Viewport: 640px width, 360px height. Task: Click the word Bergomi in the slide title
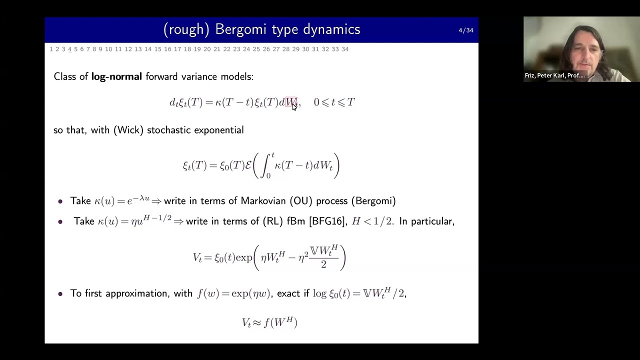coord(237,29)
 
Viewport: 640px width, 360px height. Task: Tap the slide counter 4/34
coord(465,30)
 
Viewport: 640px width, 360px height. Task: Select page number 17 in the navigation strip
coord(177,49)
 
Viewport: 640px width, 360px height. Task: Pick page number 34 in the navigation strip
coord(345,49)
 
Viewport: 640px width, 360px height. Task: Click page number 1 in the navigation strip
coord(51,49)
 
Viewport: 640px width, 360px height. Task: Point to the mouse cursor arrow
coord(294,106)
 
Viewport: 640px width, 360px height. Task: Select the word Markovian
coord(263,201)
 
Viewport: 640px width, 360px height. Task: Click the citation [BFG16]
coord(327,221)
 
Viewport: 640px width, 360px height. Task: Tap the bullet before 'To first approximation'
coord(60,294)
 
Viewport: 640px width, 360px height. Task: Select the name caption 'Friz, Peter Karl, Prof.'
coord(554,75)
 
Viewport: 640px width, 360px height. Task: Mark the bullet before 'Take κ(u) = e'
coord(60,201)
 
